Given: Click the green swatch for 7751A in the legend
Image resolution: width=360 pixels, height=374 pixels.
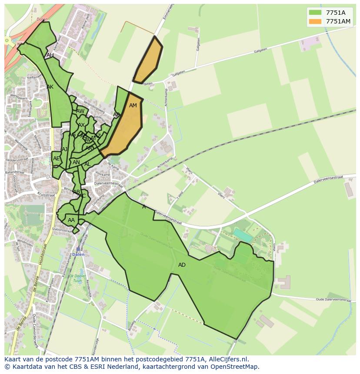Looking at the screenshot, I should (x=315, y=13).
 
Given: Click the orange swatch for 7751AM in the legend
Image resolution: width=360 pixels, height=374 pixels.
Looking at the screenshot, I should (x=315, y=22).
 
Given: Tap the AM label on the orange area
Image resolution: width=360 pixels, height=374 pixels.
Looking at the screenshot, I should (x=133, y=106).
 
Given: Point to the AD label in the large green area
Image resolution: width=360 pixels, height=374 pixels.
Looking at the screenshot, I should (x=182, y=265).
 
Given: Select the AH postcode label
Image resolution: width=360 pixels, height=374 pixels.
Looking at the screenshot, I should (x=50, y=55).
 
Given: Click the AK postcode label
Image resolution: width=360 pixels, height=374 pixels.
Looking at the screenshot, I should (x=50, y=87).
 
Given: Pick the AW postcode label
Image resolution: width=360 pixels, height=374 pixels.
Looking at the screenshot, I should (x=80, y=111).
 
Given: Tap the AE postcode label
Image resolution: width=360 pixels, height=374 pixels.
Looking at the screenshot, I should (x=56, y=159).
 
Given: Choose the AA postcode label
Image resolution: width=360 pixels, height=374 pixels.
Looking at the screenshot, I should (x=71, y=220).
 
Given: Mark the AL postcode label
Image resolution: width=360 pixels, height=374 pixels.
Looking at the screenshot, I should (x=87, y=164).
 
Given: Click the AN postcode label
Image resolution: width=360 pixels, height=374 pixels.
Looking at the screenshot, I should (x=76, y=162).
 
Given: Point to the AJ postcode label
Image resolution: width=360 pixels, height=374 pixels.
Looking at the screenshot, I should (x=65, y=149).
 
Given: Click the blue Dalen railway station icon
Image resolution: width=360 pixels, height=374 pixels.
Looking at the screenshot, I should (x=78, y=249).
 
